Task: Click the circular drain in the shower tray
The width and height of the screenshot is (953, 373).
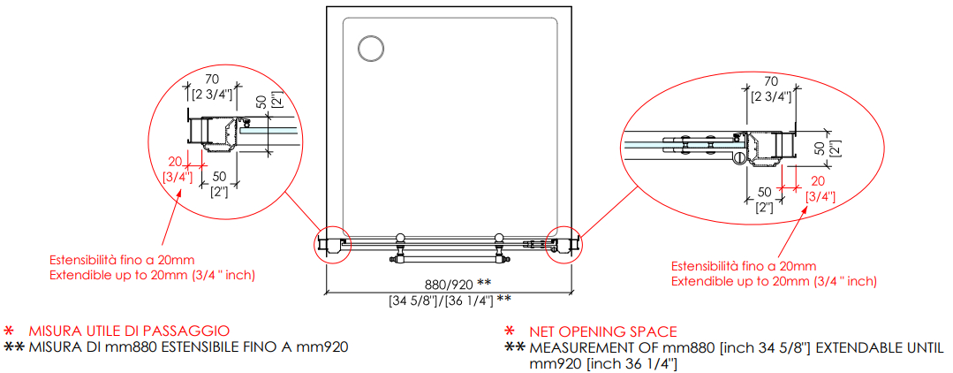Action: pyautogui.click(x=370, y=48)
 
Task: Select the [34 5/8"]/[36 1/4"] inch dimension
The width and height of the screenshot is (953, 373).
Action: pyautogui.click(x=441, y=299)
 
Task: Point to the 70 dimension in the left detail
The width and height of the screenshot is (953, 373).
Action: pyautogui.click(x=212, y=78)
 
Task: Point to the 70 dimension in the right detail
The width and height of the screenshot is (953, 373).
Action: pyautogui.click(x=771, y=82)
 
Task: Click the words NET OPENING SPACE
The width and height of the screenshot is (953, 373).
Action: pyautogui.click(x=603, y=331)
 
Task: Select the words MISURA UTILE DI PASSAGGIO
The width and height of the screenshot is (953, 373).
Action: pyautogui.click(x=129, y=331)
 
